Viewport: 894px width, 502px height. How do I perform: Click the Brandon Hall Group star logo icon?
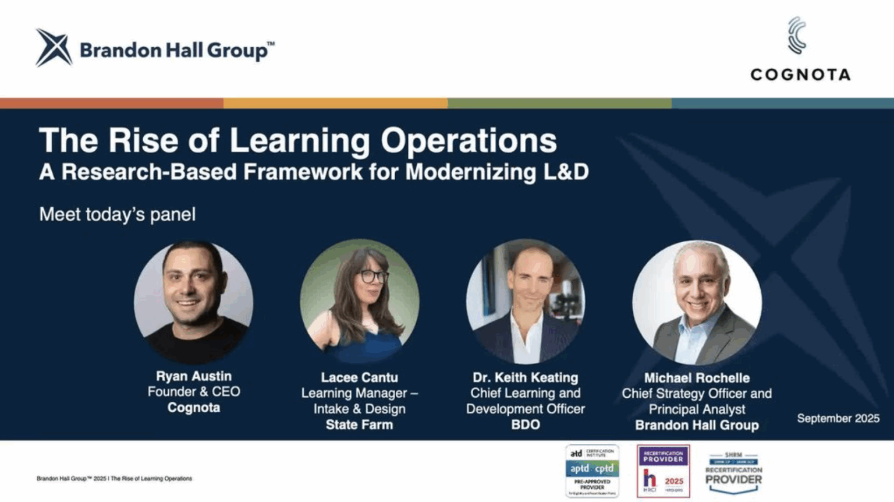pyautogui.click(x=54, y=48)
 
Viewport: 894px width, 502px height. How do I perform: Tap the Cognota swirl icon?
pyautogui.click(x=797, y=36)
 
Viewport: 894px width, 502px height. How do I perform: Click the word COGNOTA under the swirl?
pyautogui.click(x=800, y=75)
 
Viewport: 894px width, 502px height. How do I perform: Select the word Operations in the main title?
pyautogui.click(x=469, y=141)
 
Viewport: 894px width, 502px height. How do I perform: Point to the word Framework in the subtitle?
pyautogui.click(x=303, y=172)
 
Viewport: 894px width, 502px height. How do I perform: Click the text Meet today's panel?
pyautogui.click(x=117, y=215)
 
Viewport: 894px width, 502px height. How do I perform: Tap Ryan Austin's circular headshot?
pyautogui.click(x=193, y=302)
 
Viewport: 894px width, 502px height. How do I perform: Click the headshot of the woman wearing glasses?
pyautogui.click(x=360, y=301)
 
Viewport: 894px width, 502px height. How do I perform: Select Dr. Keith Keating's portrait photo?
pyautogui.click(x=526, y=302)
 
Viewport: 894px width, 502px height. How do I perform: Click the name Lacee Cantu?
pyautogui.click(x=359, y=378)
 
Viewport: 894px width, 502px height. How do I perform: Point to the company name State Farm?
pyautogui.click(x=359, y=425)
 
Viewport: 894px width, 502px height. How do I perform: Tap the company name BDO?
pyautogui.click(x=525, y=425)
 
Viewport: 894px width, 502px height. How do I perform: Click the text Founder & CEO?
pyautogui.click(x=193, y=392)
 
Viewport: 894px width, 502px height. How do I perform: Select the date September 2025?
pyautogui.click(x=838, y=419)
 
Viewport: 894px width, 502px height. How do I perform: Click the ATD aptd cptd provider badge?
pyautogui.click(x=592, y=471)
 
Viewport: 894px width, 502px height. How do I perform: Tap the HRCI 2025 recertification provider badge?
pyautogui.click(x=663, y=471)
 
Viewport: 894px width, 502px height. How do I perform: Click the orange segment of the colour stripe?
pyautogui.click(x=335, y=103)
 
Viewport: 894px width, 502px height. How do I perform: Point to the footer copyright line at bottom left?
pyautogui.click(x=114, y=479)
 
